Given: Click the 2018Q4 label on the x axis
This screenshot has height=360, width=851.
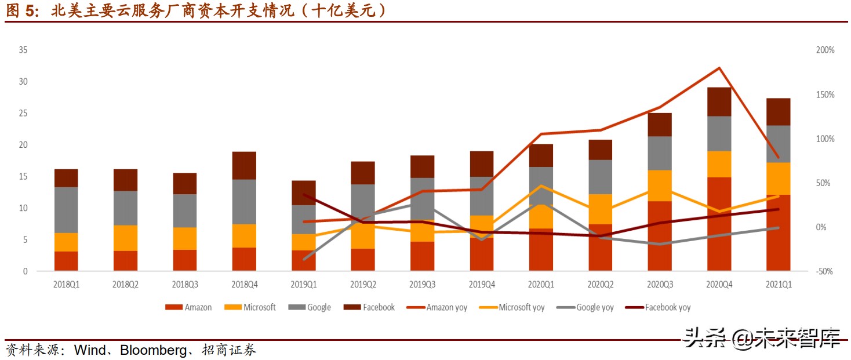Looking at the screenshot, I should click(x=244, y=285).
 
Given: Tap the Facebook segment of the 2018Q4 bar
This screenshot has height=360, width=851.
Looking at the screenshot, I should click(x=244, y=165).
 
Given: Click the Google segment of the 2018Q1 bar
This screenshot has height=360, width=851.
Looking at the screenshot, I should click(x=66, y=210).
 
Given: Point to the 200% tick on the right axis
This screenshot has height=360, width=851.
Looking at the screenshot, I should click(x=825, y=50).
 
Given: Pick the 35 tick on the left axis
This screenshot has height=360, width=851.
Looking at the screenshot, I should click(x=23, y=50).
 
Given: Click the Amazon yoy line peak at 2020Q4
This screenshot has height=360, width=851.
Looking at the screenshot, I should click(x=719, y=68).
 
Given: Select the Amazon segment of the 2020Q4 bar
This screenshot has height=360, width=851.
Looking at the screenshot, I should click(x=719, y=224).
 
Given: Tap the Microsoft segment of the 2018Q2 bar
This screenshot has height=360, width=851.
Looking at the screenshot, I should click(x=125, y=238).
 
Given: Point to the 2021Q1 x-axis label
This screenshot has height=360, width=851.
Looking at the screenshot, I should click(x=778, y=285).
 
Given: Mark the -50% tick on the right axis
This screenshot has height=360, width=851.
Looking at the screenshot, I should click(x=825, y=271).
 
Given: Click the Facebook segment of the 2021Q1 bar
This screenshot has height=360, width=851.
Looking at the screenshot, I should click(x=778, y=112).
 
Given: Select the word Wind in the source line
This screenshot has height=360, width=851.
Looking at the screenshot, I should click(x=90, y=350).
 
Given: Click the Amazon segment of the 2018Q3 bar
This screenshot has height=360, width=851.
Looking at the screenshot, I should click(x=185, y=260).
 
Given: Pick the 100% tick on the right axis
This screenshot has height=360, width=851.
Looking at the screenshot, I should click(x=825, y=139).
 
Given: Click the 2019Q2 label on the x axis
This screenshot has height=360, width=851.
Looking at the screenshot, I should click(x=363, y=285).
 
